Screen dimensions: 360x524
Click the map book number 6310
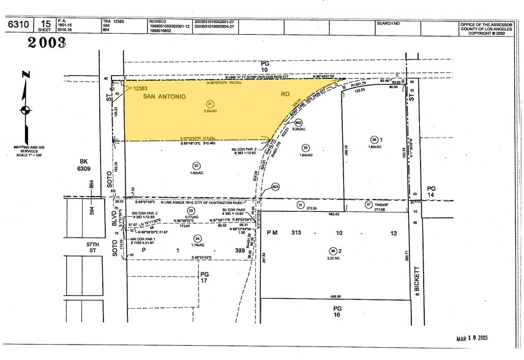point(15,24)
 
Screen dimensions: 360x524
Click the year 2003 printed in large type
point(47,43)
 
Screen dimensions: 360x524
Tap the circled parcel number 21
point(210,103)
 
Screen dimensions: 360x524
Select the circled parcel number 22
point(196,165)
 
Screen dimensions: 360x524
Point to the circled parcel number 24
point(196,239)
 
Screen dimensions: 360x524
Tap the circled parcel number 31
point(301,204)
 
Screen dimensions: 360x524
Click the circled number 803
point(275,187)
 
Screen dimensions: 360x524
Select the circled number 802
point(299,122)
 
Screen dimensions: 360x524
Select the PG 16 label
point(336,310)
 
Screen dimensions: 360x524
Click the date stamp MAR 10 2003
point(471,338)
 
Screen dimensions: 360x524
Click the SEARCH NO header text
point(388,23)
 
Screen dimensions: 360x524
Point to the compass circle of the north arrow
point(26,110)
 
